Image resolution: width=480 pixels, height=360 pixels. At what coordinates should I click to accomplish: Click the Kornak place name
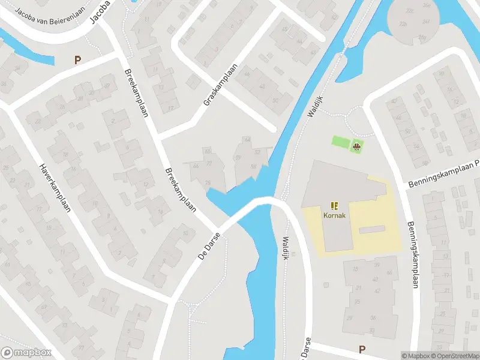pyautogui.click(x=335, y=215)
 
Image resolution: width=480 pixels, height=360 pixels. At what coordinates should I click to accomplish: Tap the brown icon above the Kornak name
pyautogui.click(x=335, y=205)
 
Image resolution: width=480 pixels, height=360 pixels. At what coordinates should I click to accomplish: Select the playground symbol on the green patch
pyautogui.click(x=357, y=146)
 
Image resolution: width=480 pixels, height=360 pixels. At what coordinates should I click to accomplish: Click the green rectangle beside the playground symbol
pyautogui.click(x=341, y=142)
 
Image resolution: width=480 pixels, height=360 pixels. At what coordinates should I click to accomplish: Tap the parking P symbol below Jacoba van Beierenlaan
pyautogui.click(x=77, y=59)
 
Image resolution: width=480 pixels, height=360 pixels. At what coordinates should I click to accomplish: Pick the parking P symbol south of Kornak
pyautogui.click(x=362, y=349)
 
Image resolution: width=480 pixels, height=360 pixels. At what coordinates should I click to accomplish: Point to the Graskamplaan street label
pyautogui.click(x=221, y=85)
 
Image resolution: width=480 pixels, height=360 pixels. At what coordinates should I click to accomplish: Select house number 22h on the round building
pyautogui.click(x=403, y=24)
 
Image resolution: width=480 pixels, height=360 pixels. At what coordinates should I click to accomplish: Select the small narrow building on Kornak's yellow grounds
pyautogui.click(x=371, y=230)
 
